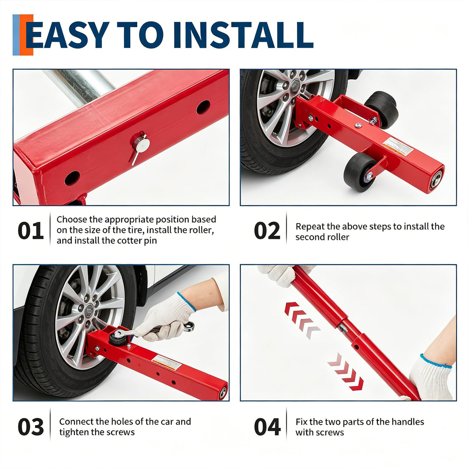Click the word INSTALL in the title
[x=243, y=35]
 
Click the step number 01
[x=30, y=230]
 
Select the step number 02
[x=267, y=230]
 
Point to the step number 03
[x=30, y=427]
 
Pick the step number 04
[x=267, y=427]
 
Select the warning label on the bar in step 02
[x=398, y=147]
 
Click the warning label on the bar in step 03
[x=167, y=363]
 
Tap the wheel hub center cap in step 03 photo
[x=89, y=310]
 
